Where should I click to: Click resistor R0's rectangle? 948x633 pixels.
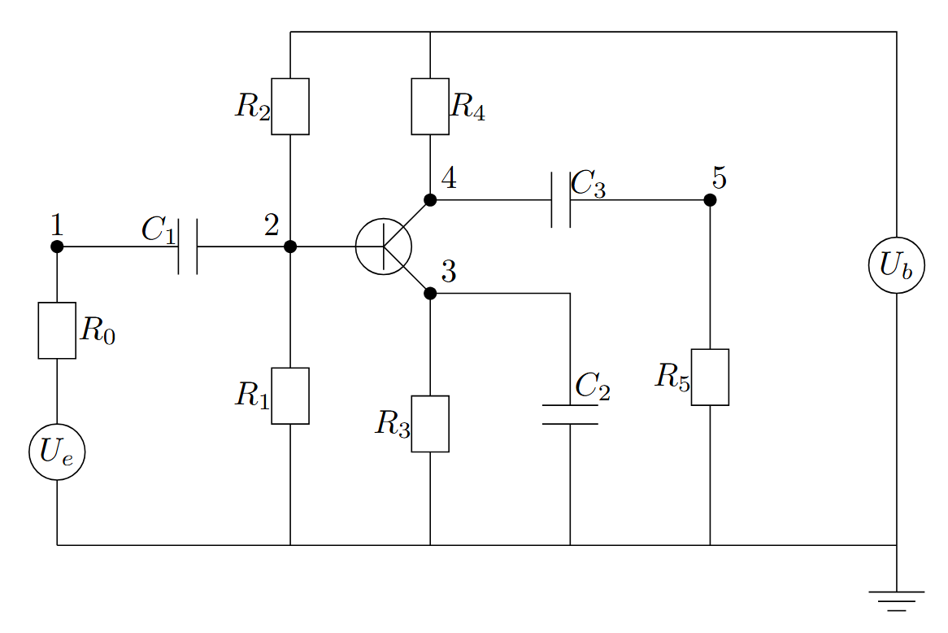point(57,330)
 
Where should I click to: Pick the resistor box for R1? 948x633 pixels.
point(290,395)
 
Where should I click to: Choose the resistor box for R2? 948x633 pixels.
point(290,107)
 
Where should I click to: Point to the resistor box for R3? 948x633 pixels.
point(430,424)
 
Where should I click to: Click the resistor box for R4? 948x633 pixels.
point(430,107)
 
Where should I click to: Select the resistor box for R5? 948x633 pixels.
point(710,377)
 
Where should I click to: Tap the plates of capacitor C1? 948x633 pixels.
point(188,247)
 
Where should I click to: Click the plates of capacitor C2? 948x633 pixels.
point(570,414)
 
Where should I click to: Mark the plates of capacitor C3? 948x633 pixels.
point(561,199)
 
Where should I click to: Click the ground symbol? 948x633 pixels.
point(897,601)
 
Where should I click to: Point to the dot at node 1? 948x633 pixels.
point(57,247)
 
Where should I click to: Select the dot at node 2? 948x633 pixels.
point(290,247)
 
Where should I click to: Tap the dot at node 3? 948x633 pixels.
point(430,294)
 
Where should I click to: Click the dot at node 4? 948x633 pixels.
point(430,199)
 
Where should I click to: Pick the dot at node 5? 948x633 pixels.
point(710,199)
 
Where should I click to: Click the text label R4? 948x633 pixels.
point(468,107)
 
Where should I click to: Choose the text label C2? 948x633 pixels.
point(593,386)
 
